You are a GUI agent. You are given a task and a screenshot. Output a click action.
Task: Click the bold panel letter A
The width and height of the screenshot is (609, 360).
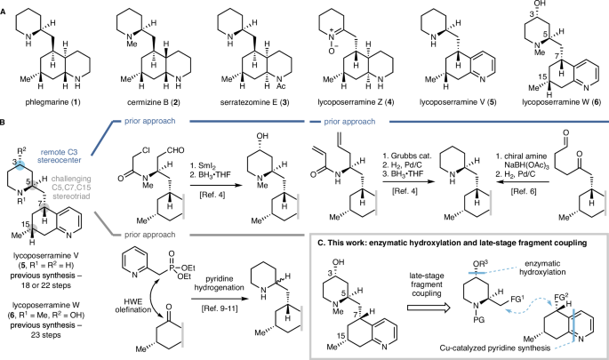[5, 6]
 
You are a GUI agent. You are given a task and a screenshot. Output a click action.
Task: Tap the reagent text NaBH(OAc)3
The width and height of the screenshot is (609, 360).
[548, 179]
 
